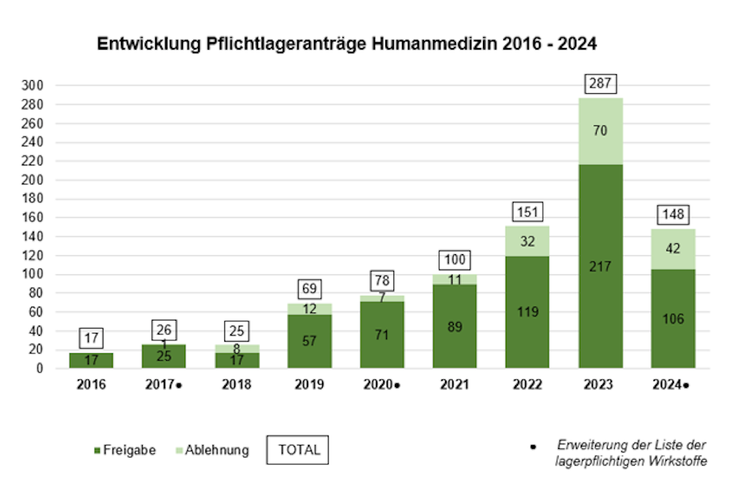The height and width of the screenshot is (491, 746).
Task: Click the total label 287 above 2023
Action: tap(600, 84)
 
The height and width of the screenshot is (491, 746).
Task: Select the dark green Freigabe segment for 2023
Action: tap(600, 291)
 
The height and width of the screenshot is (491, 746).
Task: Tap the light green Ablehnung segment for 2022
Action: tap(527, 241)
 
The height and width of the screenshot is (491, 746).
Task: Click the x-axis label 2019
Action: tap(310, 385)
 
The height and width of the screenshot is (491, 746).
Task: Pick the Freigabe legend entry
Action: tap(125, 450)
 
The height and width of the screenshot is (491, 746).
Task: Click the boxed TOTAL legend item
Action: tap(299, 450)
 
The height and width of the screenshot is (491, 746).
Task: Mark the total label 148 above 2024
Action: tap(673, 215)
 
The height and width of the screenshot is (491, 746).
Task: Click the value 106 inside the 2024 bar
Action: tap(673, 318)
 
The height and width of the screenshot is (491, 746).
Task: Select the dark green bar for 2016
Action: tap(91, 361)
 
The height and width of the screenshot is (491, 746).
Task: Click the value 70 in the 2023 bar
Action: tap(600, 131)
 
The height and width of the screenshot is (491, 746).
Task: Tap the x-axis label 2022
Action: tap(527, 385)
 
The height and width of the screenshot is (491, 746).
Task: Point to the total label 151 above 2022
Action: tap(527, 213)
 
